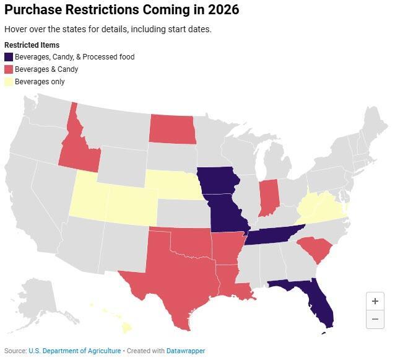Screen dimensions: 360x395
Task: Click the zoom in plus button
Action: (x=375, y=301)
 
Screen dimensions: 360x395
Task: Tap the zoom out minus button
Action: (x=375, y=319)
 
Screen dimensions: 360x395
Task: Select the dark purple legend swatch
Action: (x=9, y=57)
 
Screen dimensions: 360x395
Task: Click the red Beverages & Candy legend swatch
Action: (x=9, y=69)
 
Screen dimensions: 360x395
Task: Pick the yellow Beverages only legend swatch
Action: (x=9, y=82)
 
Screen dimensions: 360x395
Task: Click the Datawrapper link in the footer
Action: (x=185, y=351)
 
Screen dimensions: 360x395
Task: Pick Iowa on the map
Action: (x=220, y=180)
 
